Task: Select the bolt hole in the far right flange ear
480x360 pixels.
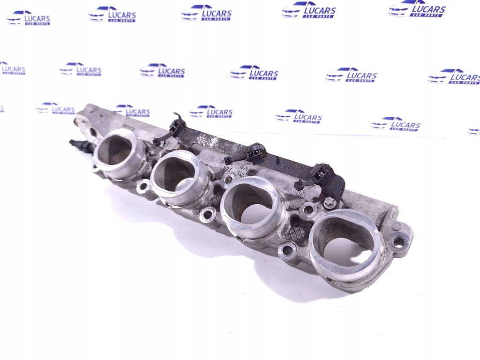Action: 398,242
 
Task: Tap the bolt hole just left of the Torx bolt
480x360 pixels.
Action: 307,210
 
